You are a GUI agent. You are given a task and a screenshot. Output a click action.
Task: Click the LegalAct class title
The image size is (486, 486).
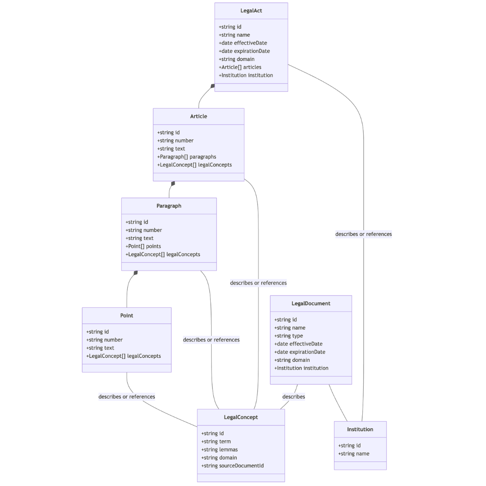click(251, 11)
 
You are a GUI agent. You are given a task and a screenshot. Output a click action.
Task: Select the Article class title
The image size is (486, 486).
click(198, 116)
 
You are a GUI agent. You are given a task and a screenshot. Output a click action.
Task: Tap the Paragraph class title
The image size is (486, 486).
click(169, 206)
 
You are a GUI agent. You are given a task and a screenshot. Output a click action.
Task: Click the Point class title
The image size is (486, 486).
click(126, 315)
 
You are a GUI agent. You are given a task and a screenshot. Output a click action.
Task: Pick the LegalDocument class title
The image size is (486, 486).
click(311, 304)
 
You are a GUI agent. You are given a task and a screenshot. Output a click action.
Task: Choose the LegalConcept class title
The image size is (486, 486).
click(241, 417)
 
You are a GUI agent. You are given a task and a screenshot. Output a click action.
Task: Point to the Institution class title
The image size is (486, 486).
click(360, 429)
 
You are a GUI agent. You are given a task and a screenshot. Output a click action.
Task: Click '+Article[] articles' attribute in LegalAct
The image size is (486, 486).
click(240, 67)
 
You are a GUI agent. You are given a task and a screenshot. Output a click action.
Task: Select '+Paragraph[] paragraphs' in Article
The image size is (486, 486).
click(186, 157)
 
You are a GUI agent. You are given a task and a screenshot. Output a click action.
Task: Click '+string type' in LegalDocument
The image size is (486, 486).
click(289, 336)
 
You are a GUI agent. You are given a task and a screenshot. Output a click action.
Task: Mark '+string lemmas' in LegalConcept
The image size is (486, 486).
click(220, 449)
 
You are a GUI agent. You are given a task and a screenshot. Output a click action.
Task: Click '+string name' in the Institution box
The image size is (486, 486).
click(353, 454)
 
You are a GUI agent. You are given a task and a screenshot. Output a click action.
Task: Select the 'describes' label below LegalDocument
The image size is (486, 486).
click(293, 397)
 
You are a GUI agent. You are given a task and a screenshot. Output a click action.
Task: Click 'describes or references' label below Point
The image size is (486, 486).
click(127, 397)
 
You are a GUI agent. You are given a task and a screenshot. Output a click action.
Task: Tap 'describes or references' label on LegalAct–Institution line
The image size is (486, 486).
click(363, 234)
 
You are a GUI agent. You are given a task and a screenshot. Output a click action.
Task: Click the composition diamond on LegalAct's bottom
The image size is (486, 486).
click(213, 86)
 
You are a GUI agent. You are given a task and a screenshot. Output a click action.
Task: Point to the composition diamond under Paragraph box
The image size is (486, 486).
click(136, 273)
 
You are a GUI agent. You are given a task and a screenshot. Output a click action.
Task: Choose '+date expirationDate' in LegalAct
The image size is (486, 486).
click(244, 51)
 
